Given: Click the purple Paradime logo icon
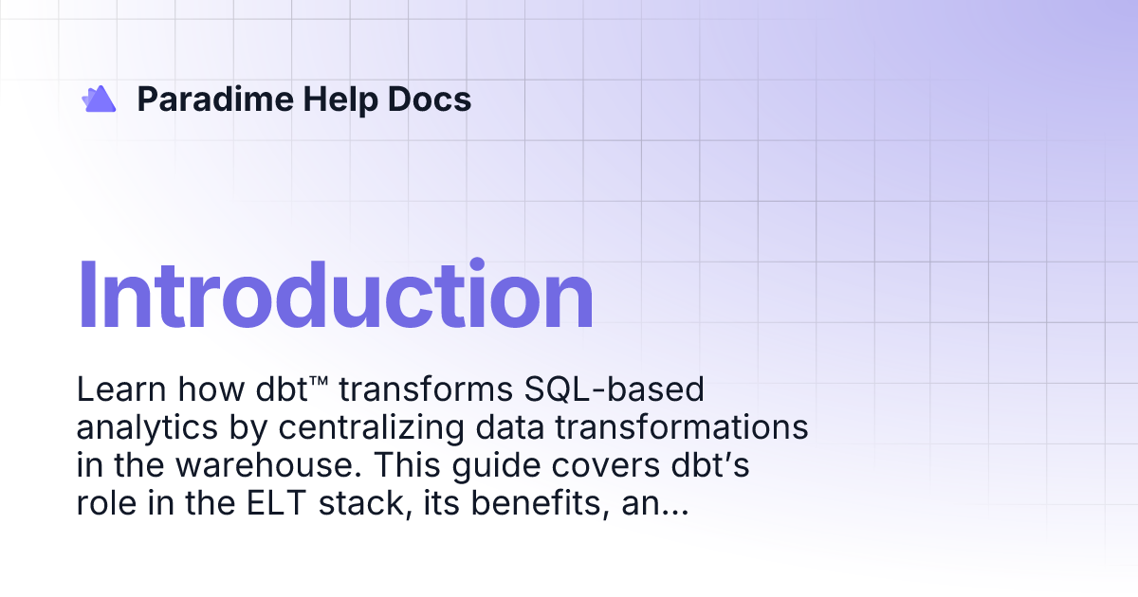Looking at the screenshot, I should pos(99,99).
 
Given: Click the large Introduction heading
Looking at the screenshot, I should pos(335,296).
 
